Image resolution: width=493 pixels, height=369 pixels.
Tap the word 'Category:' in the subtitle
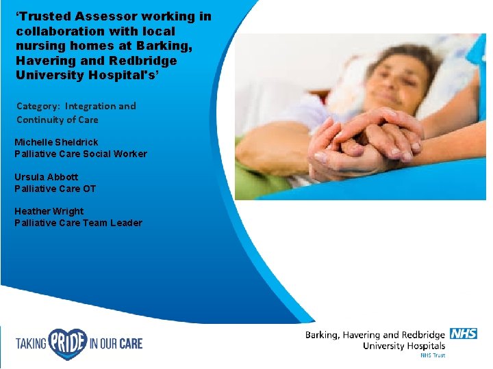pos(38,106)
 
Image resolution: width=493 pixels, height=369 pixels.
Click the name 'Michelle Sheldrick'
pos(56,142)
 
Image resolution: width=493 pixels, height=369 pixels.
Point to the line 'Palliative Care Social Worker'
pos(80,154)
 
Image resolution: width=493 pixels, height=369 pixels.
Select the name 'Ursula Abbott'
pos(47,177)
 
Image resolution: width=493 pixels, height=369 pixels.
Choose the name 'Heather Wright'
pos(49,211)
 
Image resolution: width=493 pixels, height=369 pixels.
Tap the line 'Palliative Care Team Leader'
pos(78,223)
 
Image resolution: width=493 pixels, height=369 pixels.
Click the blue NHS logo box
pos(464,334)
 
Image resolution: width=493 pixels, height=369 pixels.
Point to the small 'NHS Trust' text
pos(432,355)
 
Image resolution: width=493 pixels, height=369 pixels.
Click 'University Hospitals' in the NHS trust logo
pos(404,346)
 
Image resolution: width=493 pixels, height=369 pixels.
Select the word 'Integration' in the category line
pos(100,106)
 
